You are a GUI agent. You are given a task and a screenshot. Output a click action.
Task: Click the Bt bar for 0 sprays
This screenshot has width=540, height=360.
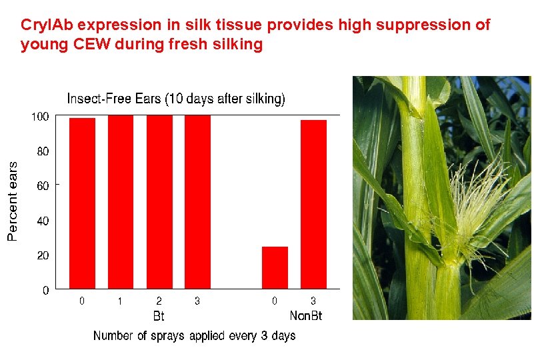coord(82,203)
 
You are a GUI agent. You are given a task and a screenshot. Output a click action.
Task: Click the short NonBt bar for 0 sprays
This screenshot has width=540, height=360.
coord(275,267)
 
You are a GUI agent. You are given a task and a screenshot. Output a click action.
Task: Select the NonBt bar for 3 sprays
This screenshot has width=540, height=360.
coord(313,204)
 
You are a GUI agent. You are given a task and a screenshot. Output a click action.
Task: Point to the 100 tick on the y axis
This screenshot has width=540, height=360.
coord(41,117)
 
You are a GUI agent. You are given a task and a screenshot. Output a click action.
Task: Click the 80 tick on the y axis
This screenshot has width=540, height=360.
coord(43,152)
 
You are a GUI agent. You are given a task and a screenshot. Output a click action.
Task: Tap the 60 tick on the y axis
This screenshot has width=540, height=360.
coord(43,187)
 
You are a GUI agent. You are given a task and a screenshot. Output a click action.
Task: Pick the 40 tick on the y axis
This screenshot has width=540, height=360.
coord(43,221)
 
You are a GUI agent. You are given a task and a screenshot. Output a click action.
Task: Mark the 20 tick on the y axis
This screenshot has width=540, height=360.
coord(43,256)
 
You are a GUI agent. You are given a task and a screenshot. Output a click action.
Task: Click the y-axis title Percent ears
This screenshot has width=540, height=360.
coord(13,201)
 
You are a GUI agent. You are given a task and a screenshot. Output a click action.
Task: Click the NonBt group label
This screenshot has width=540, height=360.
coord(305,315)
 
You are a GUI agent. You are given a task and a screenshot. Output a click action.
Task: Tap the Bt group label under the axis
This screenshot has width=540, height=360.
coord(159,315)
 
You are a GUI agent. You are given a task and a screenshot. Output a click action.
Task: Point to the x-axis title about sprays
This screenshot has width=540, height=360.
coord(194,335)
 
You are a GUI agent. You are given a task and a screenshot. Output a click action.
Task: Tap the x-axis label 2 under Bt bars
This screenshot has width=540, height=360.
coord(159,301)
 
